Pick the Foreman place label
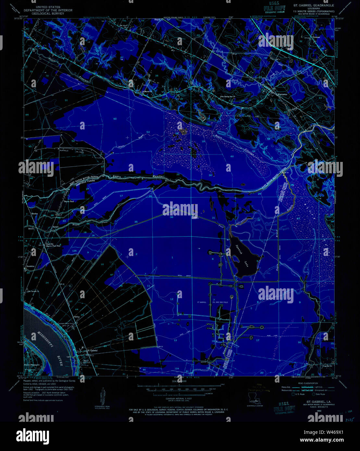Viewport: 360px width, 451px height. pos(316,37)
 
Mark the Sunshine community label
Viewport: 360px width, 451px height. pos(31,266)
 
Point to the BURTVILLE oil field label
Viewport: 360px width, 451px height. pos(64,150)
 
